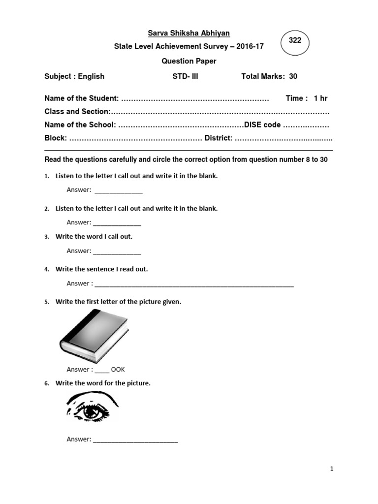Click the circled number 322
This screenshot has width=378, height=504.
(295, 41)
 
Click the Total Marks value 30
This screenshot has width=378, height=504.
(293, 76)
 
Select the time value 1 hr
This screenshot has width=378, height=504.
(320, 98)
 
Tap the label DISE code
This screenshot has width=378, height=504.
(262, 125)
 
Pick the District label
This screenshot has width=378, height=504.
(218, 138)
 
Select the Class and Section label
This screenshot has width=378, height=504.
(77, 112)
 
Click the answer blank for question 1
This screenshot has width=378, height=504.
(118, 192)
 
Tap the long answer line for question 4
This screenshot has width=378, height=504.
(194, 285)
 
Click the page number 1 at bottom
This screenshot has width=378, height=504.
(332, 469)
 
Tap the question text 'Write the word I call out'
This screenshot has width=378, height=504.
(94, 237)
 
